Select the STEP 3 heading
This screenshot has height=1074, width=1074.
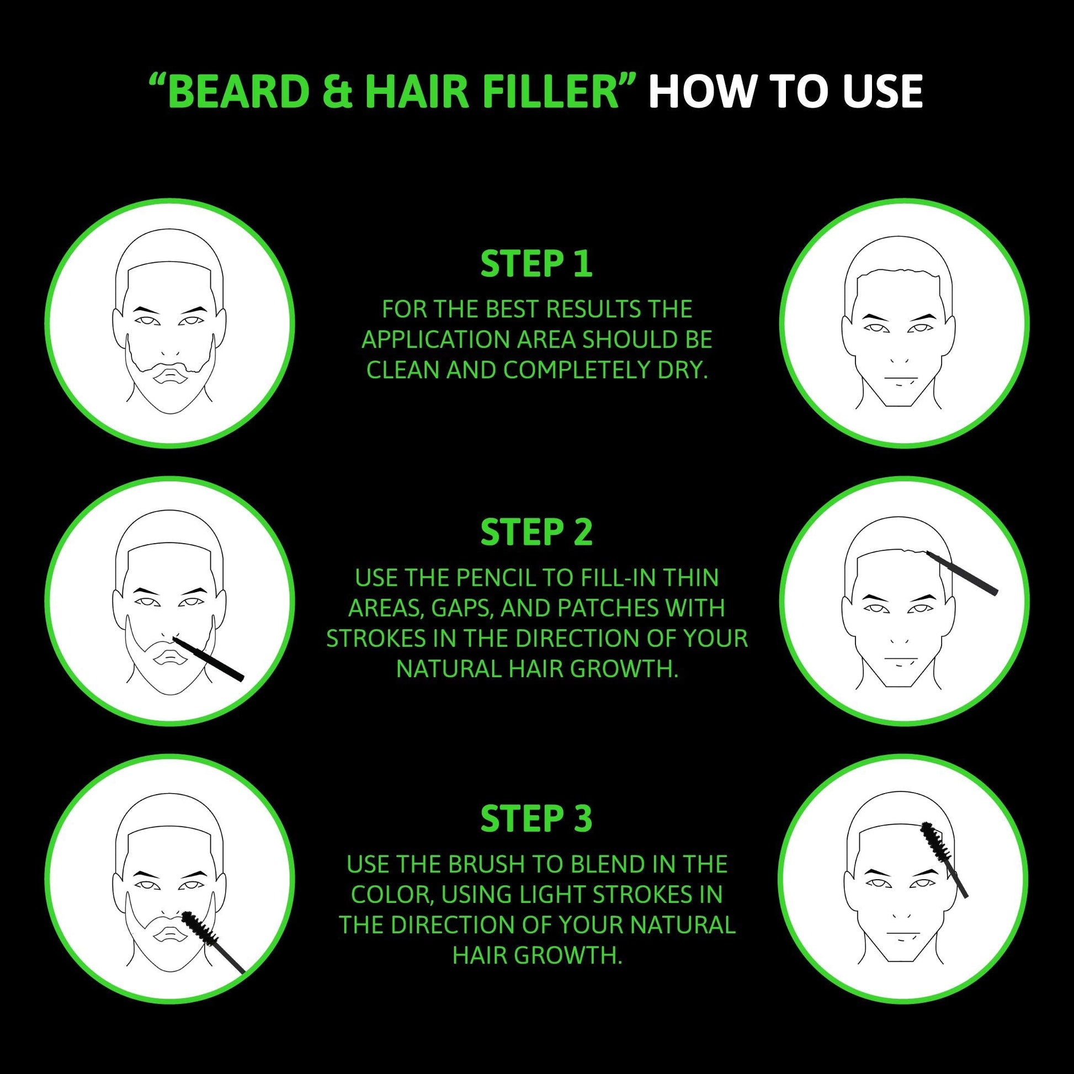(536, 819)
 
